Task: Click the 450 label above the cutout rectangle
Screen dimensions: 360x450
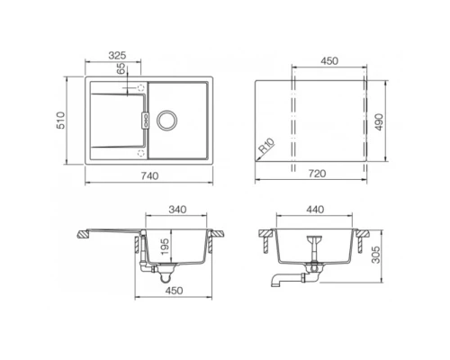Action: pyautogui.click(x=329, y=62)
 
